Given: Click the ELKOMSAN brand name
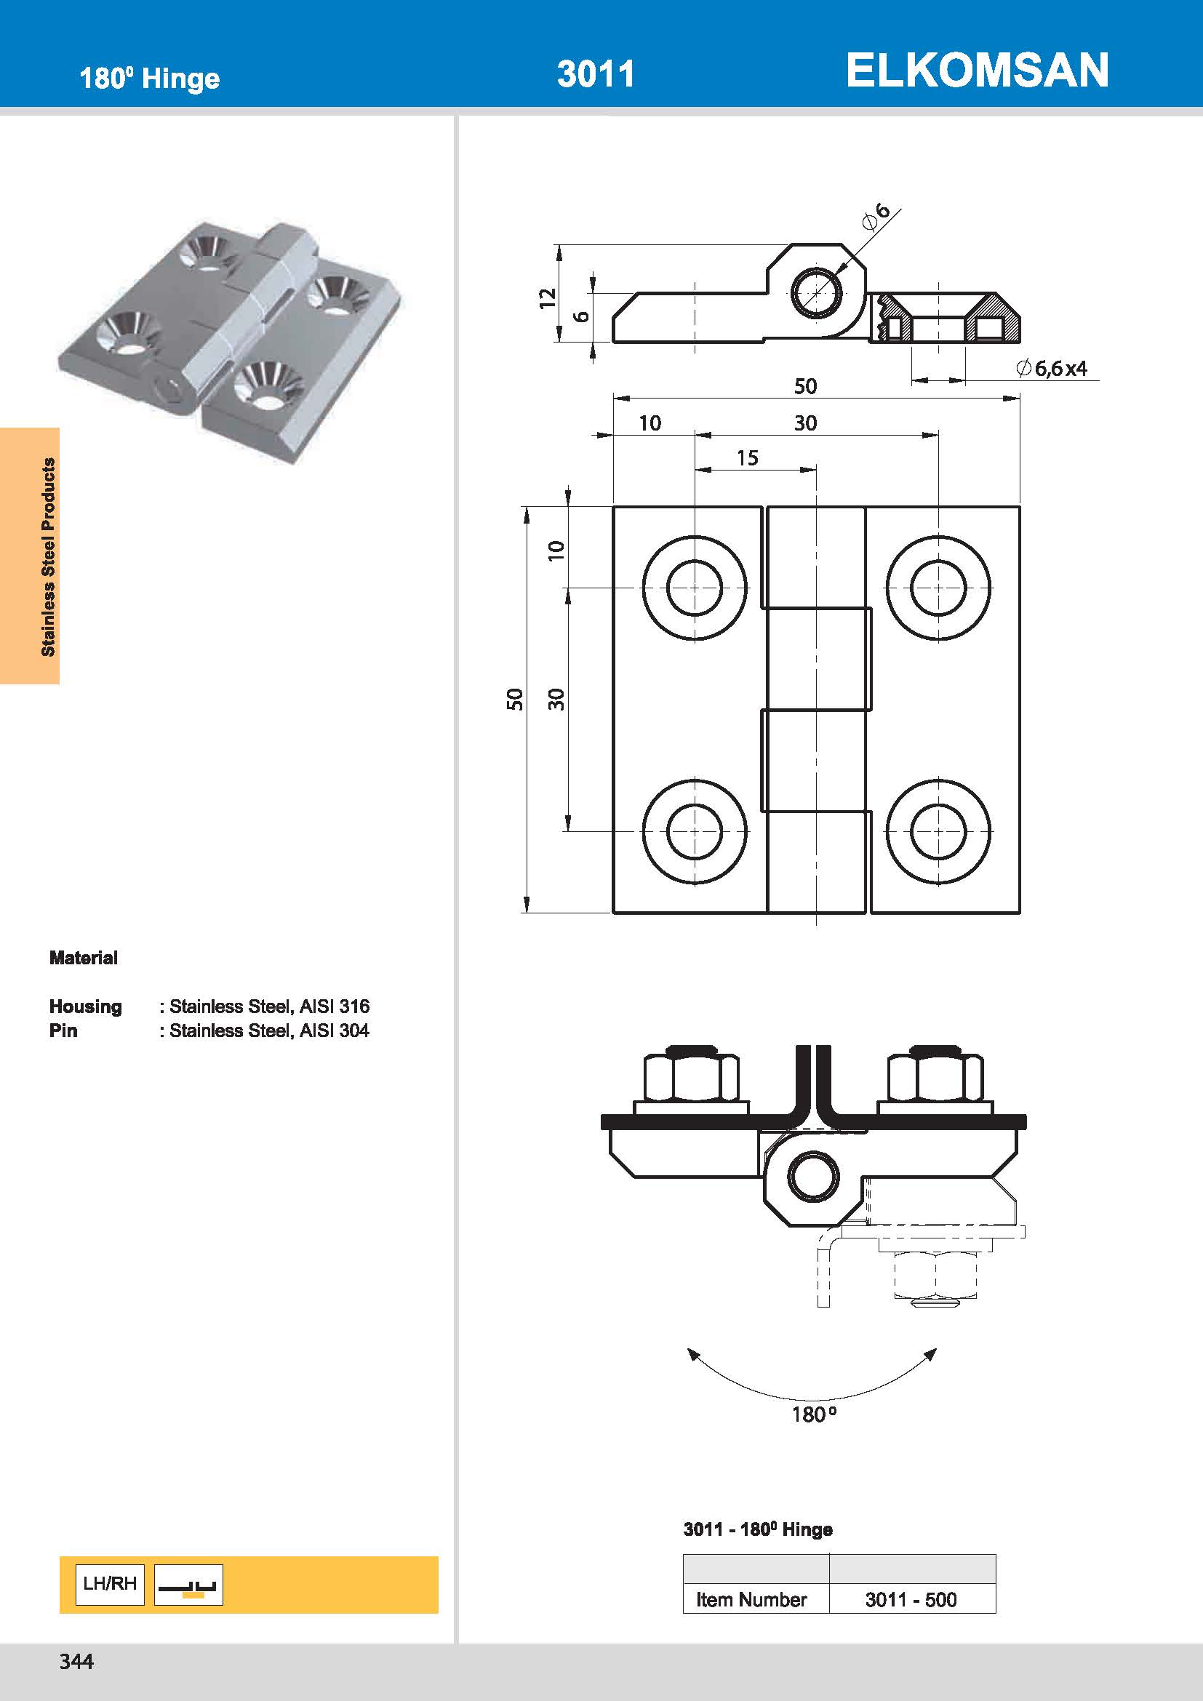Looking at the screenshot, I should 976,71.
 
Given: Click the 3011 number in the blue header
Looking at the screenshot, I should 596,74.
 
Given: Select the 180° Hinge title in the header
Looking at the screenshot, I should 150,79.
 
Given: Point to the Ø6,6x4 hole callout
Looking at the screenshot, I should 1052,368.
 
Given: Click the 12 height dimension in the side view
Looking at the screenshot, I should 547,298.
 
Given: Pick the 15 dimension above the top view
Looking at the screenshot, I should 747,458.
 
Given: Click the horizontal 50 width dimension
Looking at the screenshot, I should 805,386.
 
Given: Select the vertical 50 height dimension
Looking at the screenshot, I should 515,699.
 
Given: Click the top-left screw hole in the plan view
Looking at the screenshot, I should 694,588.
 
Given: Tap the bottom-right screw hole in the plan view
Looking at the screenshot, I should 938,831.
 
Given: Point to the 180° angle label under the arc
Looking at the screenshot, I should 813,1414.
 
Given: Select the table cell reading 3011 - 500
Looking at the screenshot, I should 911,1599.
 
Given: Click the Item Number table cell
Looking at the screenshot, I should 751,1599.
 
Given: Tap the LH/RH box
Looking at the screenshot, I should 110,1583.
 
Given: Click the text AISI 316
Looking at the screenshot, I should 334,1006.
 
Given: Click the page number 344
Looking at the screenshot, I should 76,1661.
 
